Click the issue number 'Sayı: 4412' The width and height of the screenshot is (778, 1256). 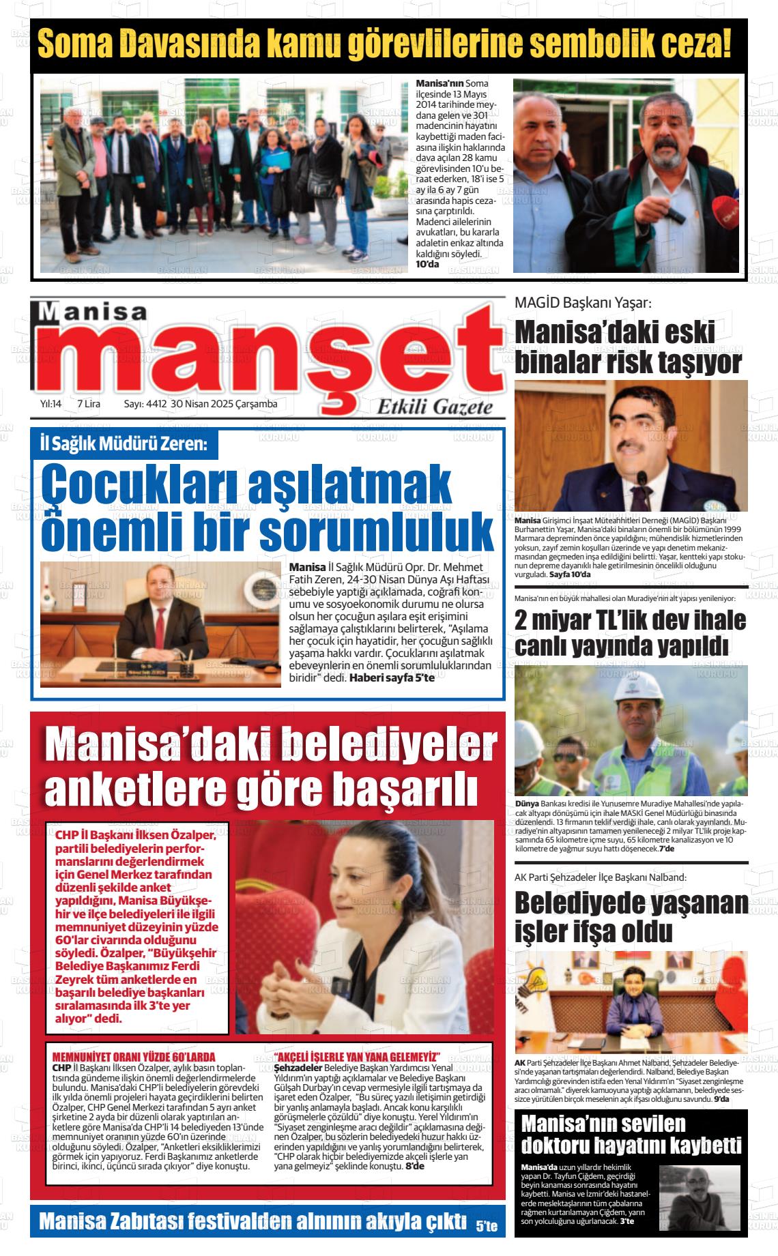(145, 404)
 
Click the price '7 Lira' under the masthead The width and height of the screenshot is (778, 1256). (89, 404)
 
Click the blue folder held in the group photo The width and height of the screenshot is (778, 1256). (274, 161)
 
